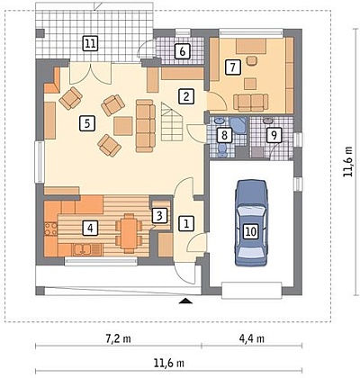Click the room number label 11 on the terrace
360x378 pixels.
click(x=90, y=44)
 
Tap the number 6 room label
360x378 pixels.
click(x=183, y=51)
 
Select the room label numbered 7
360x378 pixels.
click(x=233, y=67)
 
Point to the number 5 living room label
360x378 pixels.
click(x=87, y=123)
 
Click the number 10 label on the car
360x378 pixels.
click(x=251, y=231)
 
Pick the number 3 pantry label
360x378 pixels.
click(x=160, y=215)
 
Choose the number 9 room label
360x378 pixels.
click(x=274, y=135)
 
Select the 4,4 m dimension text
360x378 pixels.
click(x=252, y=339)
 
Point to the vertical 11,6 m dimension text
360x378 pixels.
click(x=348, y=161)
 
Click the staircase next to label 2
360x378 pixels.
click(x=172, y=121)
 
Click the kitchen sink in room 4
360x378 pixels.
click(x=83, y=249)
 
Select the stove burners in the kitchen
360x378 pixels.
click(x=50, y=229)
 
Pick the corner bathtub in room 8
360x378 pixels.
click(x=238, y=126)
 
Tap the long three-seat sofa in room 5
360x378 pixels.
click(x=146, y=126)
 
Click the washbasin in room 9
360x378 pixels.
click(x=267, y=121)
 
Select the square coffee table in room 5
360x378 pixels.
click(x=123, y=126)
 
